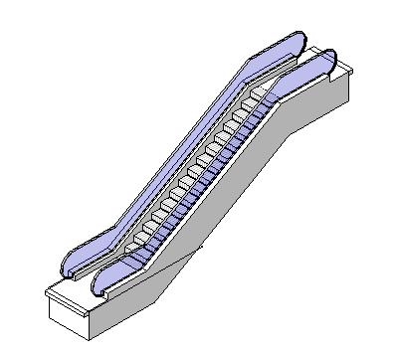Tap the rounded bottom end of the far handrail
pyautogui.click(x=67, y=265)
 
